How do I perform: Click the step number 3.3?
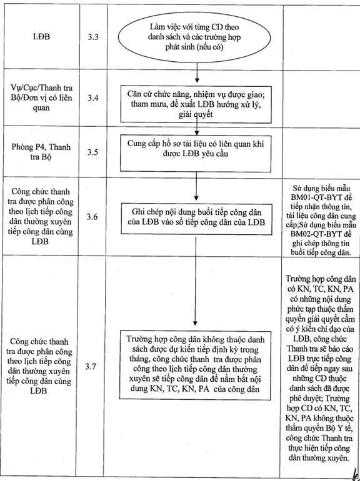pos(93,37)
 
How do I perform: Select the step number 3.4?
pos(93,98)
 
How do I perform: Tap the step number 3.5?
pos(92,152)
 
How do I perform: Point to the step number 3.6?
pos(92,217)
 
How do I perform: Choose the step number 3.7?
pos(91,366)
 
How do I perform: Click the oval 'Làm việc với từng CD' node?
pos(194,37)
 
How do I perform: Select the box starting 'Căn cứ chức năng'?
pos(196,104)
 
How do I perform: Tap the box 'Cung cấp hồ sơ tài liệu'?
pos(196,154)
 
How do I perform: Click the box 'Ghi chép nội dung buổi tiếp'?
pos(196,219)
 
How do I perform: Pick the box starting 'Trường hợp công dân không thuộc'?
pos(195,365)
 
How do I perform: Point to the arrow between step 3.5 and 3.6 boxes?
pos(196,186)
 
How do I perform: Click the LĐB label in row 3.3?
pos(41,37)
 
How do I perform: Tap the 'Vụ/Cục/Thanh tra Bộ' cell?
pos(41,97)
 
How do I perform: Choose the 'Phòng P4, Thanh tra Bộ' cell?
pos(41,152)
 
